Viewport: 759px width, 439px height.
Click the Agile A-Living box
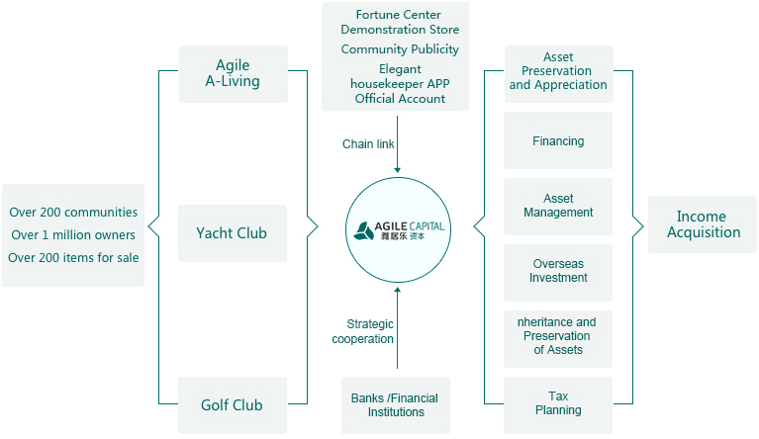[x=233, y=73]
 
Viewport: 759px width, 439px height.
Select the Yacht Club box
[x=232, y=233]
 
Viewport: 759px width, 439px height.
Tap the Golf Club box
[x=232, y=404]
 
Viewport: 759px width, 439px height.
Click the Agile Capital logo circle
[x=397, y=229]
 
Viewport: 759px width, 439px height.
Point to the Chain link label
[x=368, y=144]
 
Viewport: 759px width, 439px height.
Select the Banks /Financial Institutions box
[x=395, y=405]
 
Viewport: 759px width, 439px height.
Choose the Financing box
[x=558, y=141]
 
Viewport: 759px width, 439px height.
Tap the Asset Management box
[x=558, y=206]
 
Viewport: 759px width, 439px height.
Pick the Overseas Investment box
[x=558, y=271]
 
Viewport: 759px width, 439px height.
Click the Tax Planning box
[x=558, y=403]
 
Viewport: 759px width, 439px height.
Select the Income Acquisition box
[x=703, y=224]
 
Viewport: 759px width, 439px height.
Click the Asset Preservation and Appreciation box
[x=558, y=72]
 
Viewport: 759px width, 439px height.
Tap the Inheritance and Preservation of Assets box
[x=558, y=336]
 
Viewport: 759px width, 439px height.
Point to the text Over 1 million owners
[x=73, y=235]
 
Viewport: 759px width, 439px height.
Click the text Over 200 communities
[x=73, y=213]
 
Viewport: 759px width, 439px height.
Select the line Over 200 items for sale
[x=73, y=258]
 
